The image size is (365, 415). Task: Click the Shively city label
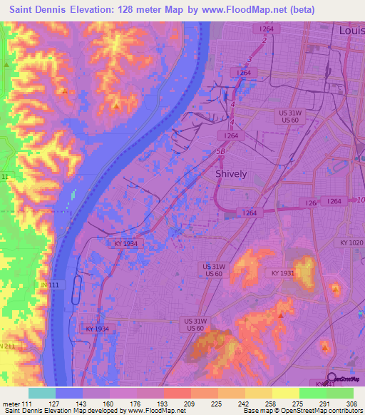(231, 174)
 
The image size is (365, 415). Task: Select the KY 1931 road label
(283, 273)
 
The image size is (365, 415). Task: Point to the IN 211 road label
(7, 346)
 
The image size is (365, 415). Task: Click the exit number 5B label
(220, 152)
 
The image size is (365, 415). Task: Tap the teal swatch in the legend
(42, 393)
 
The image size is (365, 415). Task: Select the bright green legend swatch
(312, 393)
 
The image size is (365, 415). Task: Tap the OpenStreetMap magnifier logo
(331, 379)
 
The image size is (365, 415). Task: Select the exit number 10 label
(360, 199)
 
